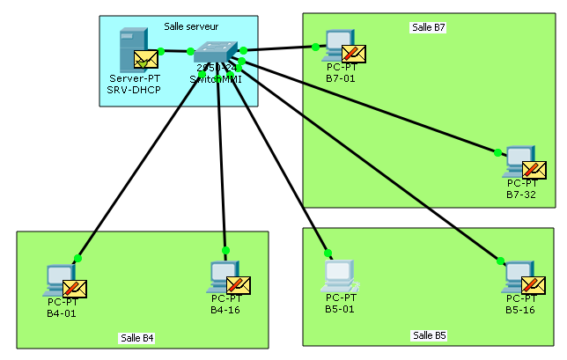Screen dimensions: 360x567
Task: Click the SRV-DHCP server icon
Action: [x=132, y=50]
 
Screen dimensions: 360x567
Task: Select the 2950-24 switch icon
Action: [x=216, y=52]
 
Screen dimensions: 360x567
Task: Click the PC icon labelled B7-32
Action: [x=518, y=162]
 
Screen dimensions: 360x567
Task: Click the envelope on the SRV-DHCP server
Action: [x=145, y=60]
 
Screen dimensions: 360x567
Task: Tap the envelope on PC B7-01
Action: [x=354, y=55]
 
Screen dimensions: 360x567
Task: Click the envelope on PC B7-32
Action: [x=534, y=169]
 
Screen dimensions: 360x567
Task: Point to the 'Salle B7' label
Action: [x=429, y=27]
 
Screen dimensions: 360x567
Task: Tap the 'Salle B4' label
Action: [x=136, y=338]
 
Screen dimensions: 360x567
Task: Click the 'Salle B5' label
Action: [x=429, y=335]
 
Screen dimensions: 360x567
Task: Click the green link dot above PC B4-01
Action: [x=78, y=259]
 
